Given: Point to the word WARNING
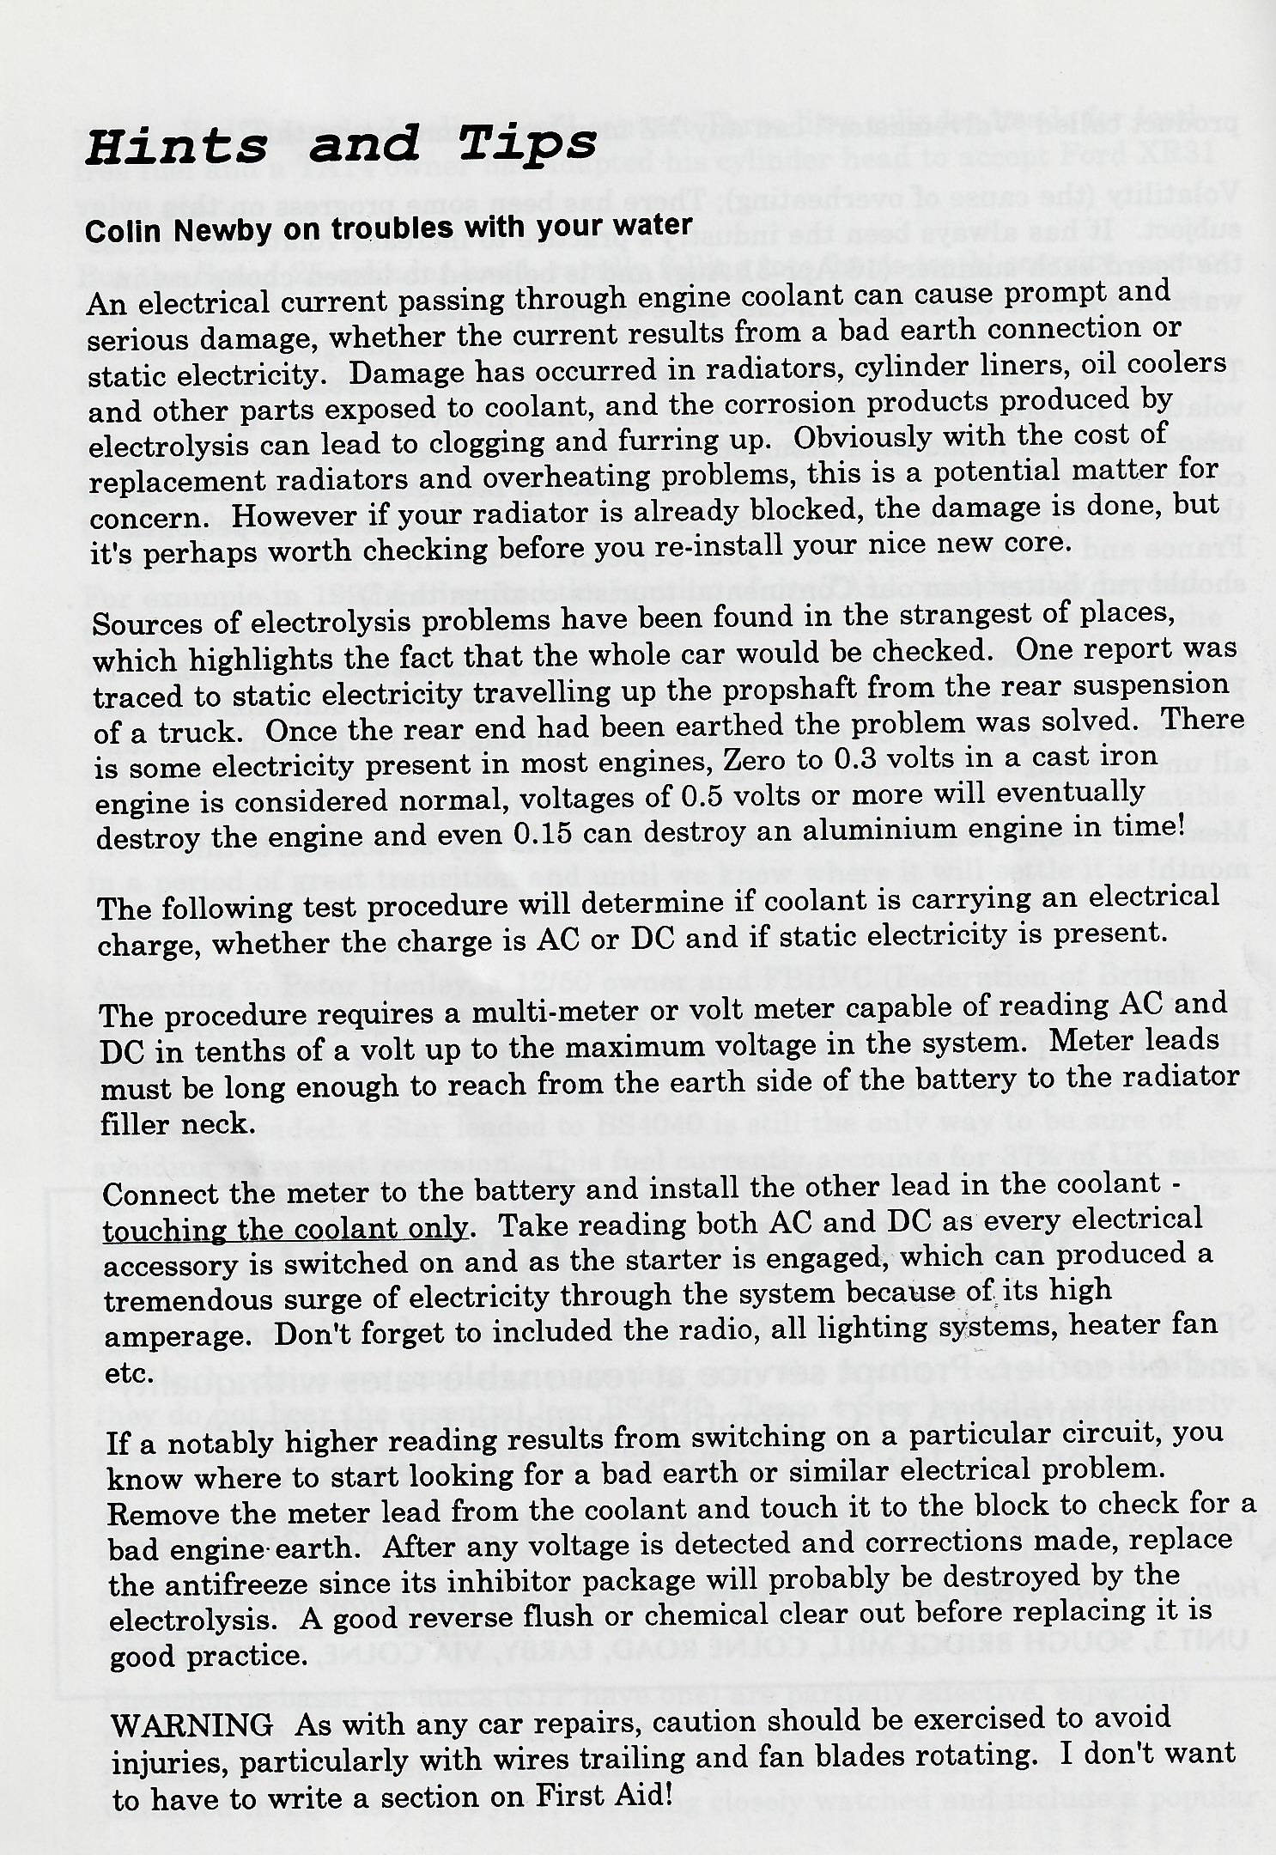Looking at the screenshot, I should (192, 1724).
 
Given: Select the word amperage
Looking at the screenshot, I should (173, 1339).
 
